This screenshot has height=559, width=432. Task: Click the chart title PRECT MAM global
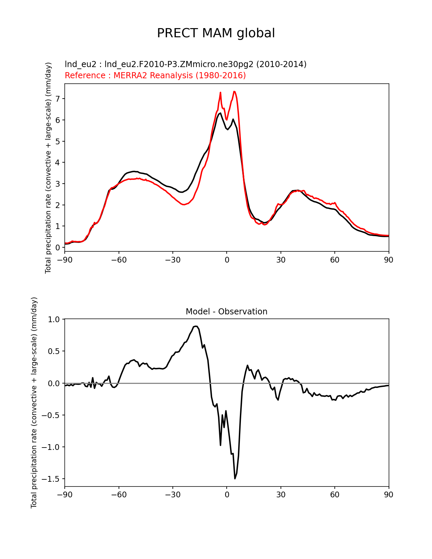[x=216, y=33]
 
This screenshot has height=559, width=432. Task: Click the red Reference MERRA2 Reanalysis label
[x=155, y=76]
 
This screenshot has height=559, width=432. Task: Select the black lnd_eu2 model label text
[x=185, y=64]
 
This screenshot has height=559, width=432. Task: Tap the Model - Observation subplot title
[x=226, y=312]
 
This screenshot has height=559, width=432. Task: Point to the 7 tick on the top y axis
[x=58, y=99]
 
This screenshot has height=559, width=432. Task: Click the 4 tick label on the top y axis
[x=58, y=163]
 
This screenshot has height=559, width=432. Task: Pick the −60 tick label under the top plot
[x=119, y=260]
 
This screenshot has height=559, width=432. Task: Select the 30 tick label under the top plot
[x=281, y=260]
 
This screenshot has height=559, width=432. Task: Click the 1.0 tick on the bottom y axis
[x=54, y=319]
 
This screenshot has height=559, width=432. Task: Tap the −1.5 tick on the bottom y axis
[x=52, y=479]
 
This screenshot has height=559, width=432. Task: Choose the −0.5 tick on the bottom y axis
[x=52, y=415]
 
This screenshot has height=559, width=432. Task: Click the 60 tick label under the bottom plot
[x=334, y=495]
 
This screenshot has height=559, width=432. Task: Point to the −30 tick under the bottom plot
[x=172, y=495]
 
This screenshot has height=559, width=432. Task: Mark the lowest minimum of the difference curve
[x=235, y=478]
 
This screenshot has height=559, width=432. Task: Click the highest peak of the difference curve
[x=196, y=326]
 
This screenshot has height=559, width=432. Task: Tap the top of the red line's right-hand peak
[x=234, y=91]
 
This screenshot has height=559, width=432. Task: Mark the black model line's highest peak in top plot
[x=220, y=113]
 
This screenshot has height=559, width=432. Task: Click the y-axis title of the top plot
[x=48, y=168]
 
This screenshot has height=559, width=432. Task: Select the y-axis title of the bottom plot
[x=34, y=402]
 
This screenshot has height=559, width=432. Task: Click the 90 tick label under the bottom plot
[x=389, y=495]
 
